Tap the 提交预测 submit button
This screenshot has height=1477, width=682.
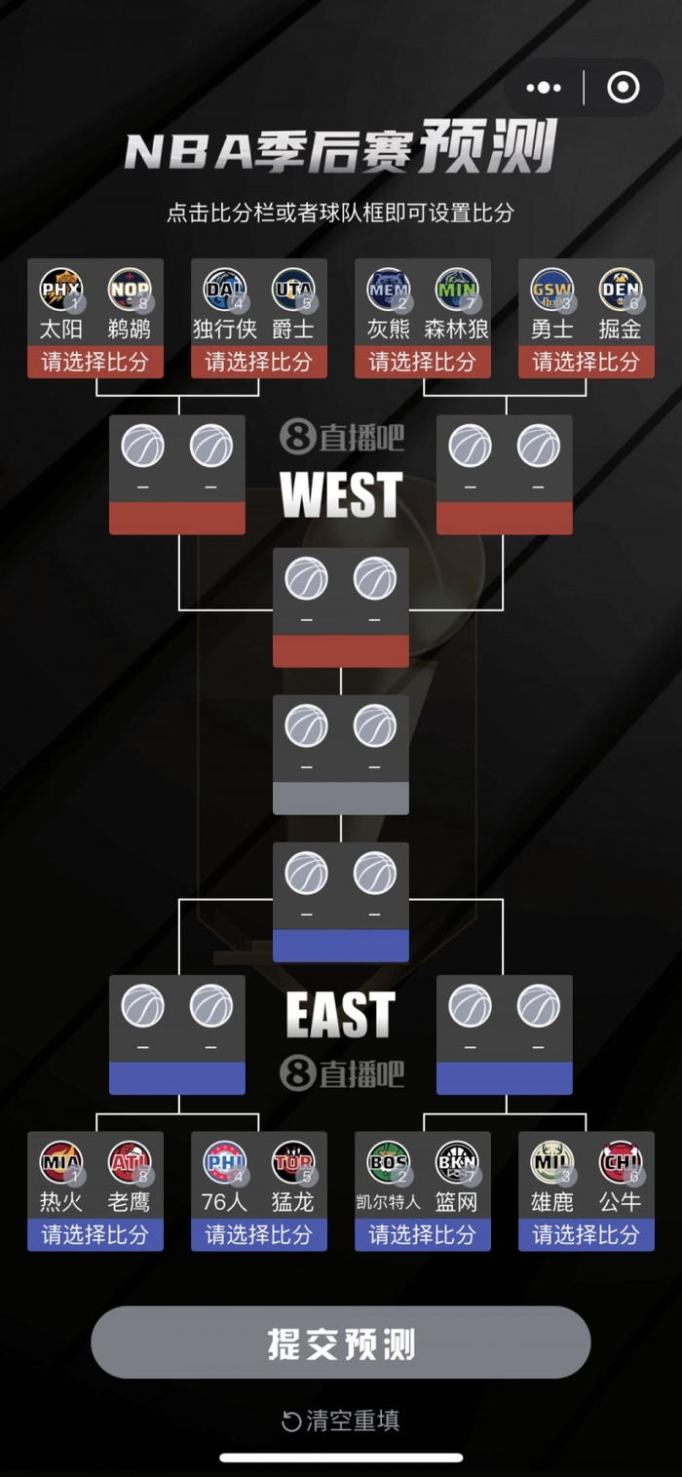pyautogui.click(x=341, y=1342)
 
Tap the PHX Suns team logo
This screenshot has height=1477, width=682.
pyautogui.click(x=60, y=290)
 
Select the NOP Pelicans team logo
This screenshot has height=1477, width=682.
pyautogui.click(x=130, y=290)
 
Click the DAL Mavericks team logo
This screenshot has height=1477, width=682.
pyautogui.click(x=224, y=290)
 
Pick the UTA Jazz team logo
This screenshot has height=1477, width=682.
pyautogui.click(x=293, y=290)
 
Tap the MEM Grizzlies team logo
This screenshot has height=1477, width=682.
pyautogui.click(x=388, y=290)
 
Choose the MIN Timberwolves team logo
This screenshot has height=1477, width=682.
pyautogui.click(x=457, y=290)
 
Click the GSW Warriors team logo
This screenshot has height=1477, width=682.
pyautogui.click(x=551, y=290)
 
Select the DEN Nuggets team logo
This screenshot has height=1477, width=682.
pyautogui.click(x=621, y=290)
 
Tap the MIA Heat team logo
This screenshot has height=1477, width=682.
pyautogui.click(x=60, y=1162)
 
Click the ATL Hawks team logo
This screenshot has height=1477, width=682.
pyautogui.click(x=130, y=1162)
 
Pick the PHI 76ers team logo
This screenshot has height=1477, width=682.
pyautogui.click(x=224, y=1162)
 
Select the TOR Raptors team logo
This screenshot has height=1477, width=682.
pyautogui.click(x=293, y=1162)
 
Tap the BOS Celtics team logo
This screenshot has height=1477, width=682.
pyautogui.click(x=388, y=1162)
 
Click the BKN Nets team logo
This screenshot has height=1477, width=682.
pyautogui.click(x=457, y=1162)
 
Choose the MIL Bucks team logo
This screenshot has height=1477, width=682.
pyautogui.click(x=551, y=1162)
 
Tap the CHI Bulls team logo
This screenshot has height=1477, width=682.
pyautogui.click(x=621, y=1162)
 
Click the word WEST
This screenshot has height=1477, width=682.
pyautogui.click(x=341, y=494)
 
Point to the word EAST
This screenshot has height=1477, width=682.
pyautogui.click(x=341, y=1015)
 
